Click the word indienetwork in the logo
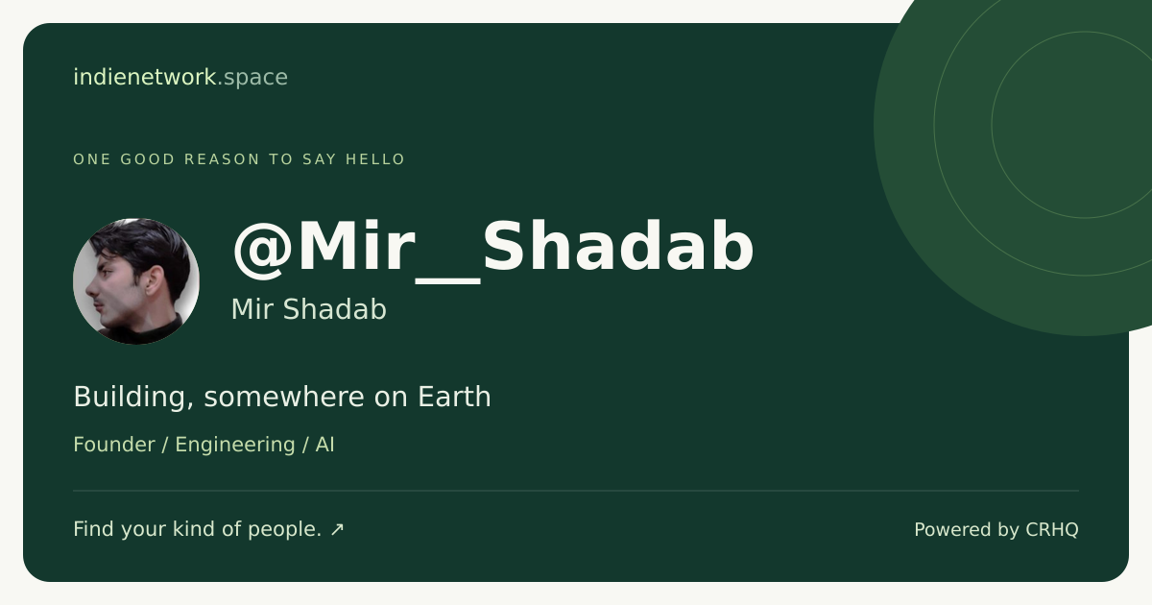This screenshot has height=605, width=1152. coord(145,77)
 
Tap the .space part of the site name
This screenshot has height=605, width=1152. coord(253,78)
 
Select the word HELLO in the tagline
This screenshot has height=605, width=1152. coord(375,159)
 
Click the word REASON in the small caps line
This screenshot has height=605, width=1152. coord(222,159)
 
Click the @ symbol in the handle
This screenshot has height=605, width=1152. coord(263,250)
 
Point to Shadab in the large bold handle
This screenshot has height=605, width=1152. coord(618,246)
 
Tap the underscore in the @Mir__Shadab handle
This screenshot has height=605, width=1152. coord(447,280)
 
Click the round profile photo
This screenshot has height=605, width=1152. coord(136,281)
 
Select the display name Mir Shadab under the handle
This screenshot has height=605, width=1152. coord(308,309)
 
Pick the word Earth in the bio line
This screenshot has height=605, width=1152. coord(454,397)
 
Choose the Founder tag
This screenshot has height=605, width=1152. coord(114,445)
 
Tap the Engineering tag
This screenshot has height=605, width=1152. coord(235,446)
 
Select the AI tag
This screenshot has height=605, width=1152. coord(325,445)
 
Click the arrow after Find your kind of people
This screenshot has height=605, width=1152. coord(337,529)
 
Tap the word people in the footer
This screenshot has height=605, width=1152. coord(285,530)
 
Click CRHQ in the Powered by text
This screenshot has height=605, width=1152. coord(1052,530)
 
